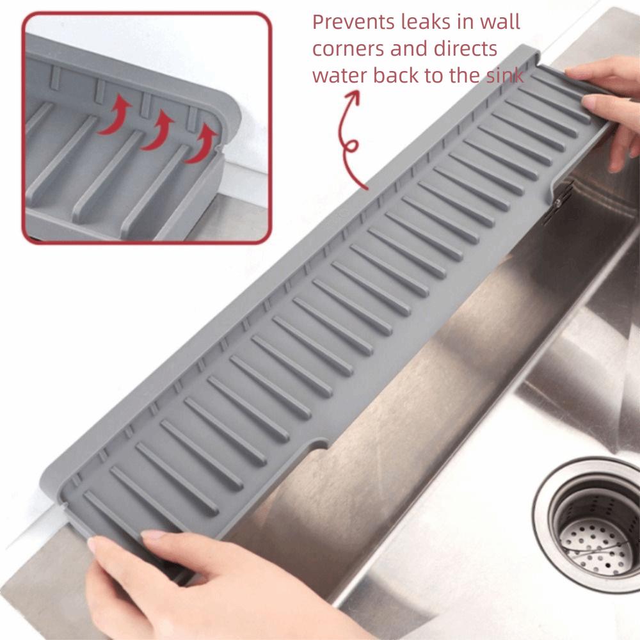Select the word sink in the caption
pyautogui.click(x=504, y=76)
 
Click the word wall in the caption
pyautogui.click(x=499, y=22)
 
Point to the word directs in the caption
pyautogui.click(x=465, y=49)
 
